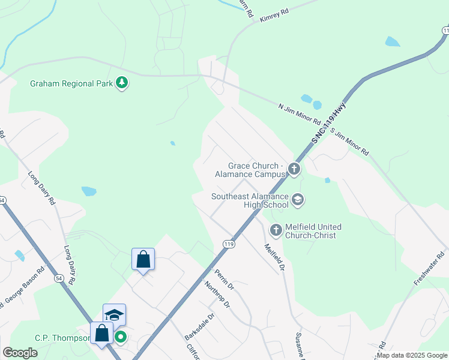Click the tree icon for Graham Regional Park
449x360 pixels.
(122, 82)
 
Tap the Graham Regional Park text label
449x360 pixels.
(71, 83)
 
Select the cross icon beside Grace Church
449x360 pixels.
(294, 169)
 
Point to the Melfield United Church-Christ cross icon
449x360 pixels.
(276, 229)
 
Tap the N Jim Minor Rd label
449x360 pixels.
(300, 115)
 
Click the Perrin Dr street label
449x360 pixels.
(224, 280)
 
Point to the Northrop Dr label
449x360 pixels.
(217, 295)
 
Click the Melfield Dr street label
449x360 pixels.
(274, 257)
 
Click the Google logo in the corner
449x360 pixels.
(20, 353)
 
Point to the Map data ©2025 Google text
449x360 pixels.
(412, 355)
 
